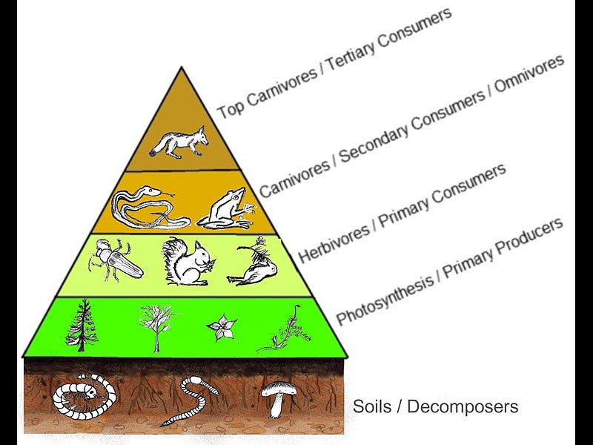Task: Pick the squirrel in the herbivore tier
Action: pos(188,262)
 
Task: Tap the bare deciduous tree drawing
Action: pos(156,326)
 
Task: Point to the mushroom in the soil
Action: pos(279,397)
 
